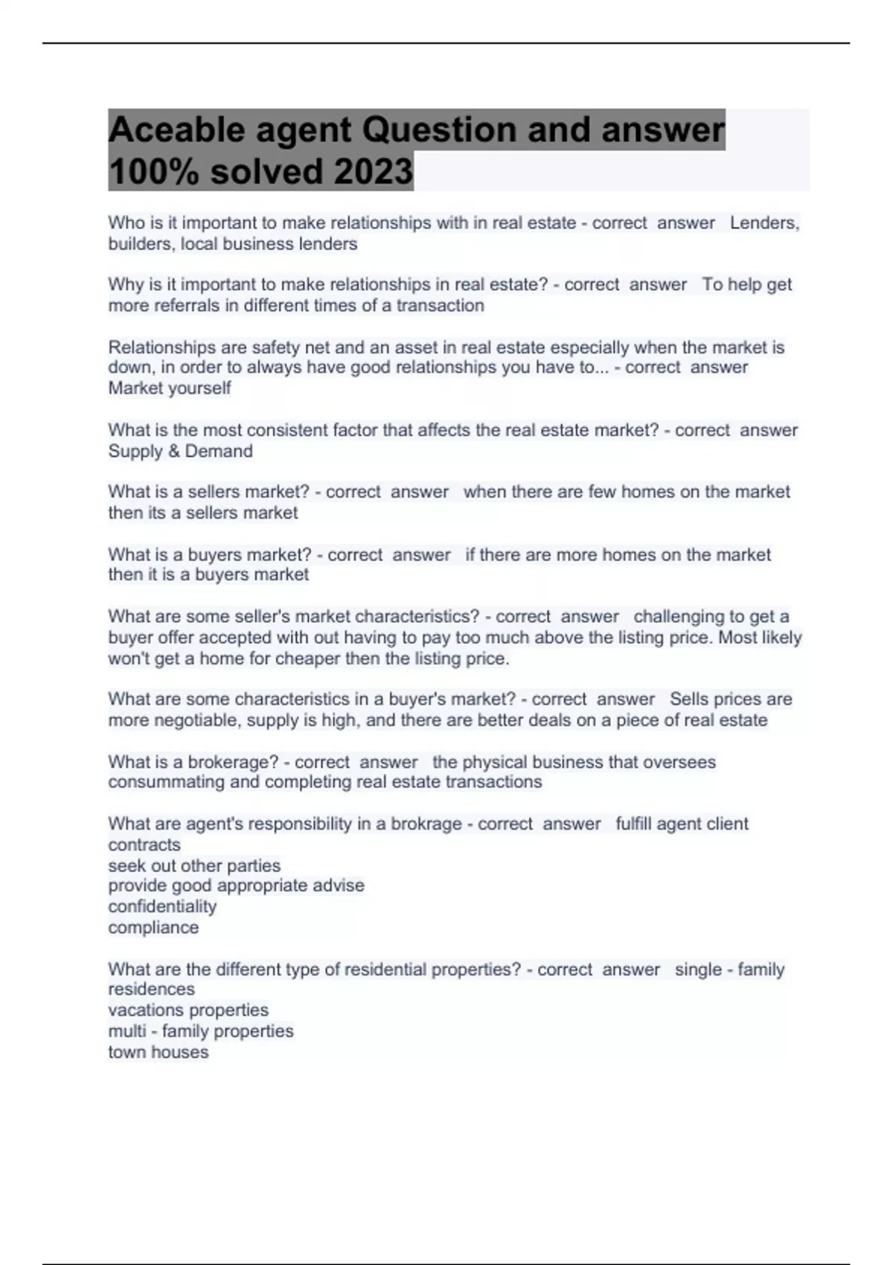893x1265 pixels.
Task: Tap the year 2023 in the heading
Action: [x=373, y=171]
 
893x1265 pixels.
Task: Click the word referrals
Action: [x=187, y=306]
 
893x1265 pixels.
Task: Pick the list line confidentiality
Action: [x=162, y=906]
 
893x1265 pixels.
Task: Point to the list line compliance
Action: [x=153, y=927]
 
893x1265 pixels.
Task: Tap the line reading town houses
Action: [x=158, y=1052]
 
